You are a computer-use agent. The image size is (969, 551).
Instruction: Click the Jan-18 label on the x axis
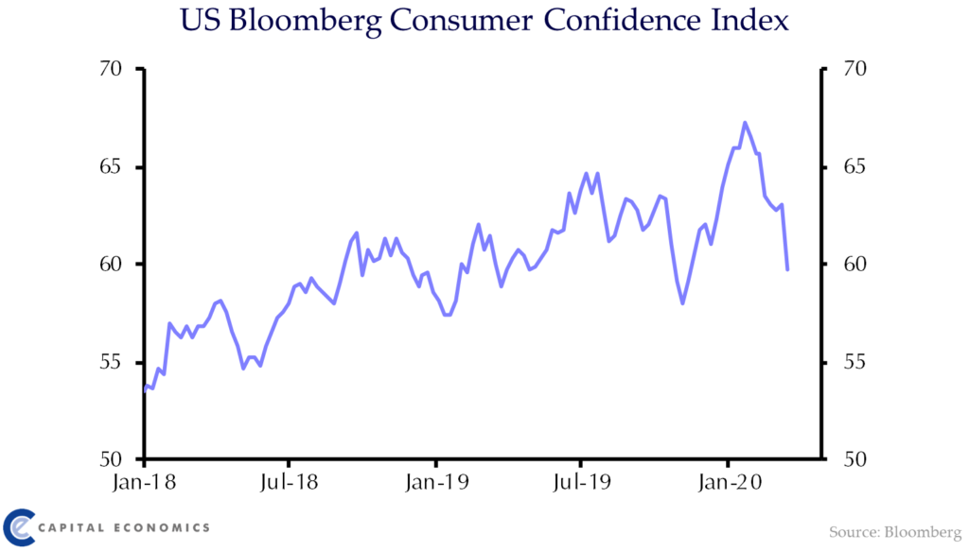coord(144,483)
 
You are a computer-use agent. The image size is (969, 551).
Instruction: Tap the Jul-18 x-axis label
coord(289,483)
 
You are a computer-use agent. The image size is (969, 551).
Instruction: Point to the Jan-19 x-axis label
coord(435,483)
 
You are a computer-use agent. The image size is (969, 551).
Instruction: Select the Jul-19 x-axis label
coord(580,483)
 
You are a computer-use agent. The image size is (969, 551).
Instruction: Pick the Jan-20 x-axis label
coord(727,483)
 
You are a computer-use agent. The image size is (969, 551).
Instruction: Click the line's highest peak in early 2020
coord(745,122)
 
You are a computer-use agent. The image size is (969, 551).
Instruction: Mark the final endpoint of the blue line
coord(787,270)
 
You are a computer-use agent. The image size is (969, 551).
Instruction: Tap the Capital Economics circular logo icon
coord(18,526)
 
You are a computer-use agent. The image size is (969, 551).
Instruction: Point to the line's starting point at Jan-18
coord(145,388)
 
